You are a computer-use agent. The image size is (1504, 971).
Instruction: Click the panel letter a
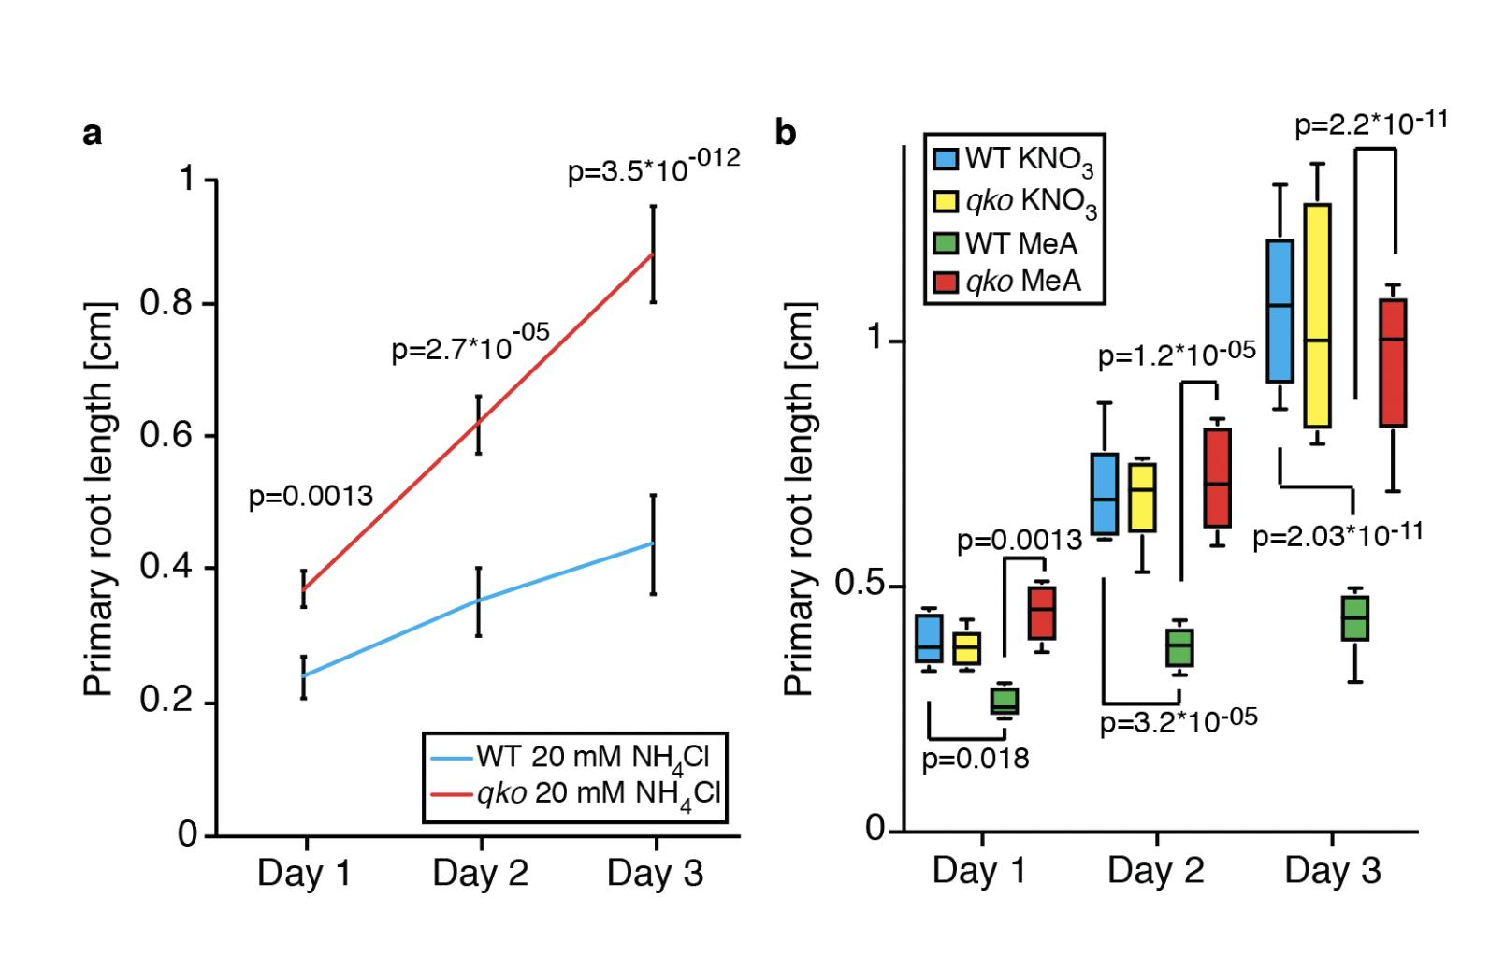click(x=92, y=135)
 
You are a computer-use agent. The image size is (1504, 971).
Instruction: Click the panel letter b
click(x=786, y=134)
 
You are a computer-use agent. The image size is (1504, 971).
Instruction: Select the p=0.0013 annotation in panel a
click(x=311, y=496)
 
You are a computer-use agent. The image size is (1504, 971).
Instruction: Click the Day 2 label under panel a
click(x=480, y=874)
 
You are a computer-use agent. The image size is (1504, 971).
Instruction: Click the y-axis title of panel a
click(x=100, y=500)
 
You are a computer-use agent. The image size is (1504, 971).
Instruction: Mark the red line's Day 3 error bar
click(x=653, y=254)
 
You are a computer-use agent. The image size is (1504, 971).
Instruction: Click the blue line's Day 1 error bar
click(x=303, y=676)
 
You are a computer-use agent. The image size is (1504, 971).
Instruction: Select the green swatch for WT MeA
click(x=947, y=243)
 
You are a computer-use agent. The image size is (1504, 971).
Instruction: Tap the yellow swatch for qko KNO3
click(x=947, y=200)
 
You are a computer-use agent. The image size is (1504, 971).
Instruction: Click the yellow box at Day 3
click(x=1317, y=315)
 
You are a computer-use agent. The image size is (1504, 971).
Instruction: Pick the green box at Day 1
click(x=1005, y=701)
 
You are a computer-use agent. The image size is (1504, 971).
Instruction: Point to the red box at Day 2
click(x=1217, y=477)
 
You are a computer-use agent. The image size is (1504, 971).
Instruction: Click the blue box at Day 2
click(x=1105, y=494)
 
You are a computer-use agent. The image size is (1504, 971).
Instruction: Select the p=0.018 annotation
click(x=975, y=759)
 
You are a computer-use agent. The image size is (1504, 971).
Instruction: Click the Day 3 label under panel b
click(x=1332, y=872)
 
